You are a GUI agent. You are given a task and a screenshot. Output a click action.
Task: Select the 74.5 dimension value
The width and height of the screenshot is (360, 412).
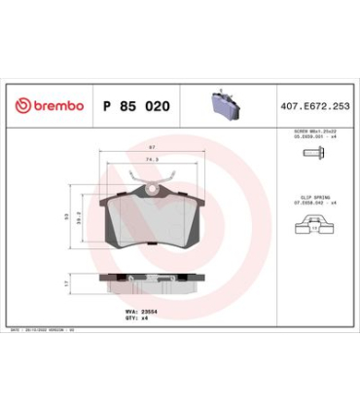point(152,158)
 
